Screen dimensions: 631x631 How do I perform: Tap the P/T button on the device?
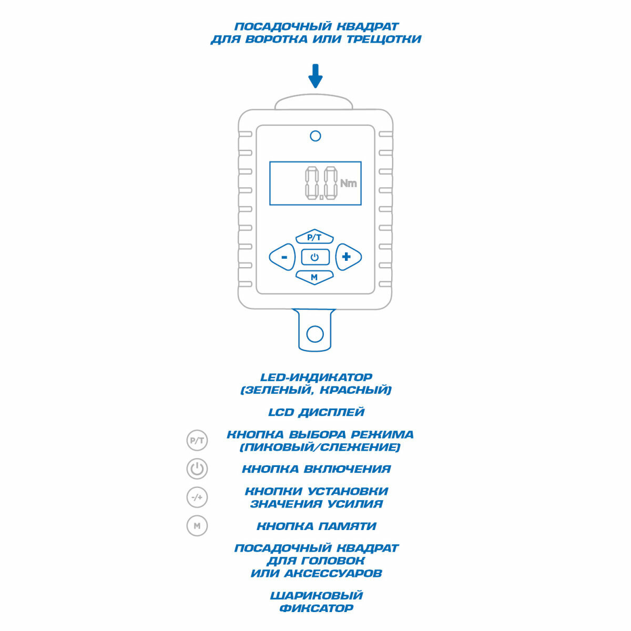pyautogui.click(x=314, y=237)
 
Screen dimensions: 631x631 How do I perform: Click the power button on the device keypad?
pyautogui.click(x=315, y=257)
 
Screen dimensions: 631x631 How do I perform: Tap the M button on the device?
pyautogui.click(x=314, y=277)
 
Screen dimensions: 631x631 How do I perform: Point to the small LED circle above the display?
pyautogui.click(x=315, y=136)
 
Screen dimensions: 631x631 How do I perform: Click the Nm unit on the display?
pyautogui.click(x=348, y=183)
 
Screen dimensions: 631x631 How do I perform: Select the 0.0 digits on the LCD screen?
pyautogui.click(x=320, y=183)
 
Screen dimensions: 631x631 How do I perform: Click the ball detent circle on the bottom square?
pyautogui.click(x=315, y=334)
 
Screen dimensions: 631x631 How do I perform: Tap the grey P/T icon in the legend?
pyautogui.click(x=197, y=441)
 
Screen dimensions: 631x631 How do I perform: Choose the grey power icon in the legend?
pyautogui.click(x=197, y=469)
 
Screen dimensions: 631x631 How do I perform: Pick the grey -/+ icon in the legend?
pyautogui.click(x=197, y=497)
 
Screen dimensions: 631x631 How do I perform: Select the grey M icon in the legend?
pyautogui.click(x=197, y=525)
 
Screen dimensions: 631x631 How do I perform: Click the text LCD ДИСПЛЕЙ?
pyautogui.click(x=316, y=412)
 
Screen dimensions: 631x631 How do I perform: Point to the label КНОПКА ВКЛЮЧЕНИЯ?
pyautogui.click(x=316, y=469)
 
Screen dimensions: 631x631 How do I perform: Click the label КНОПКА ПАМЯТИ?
pyautogui.click(x=316, y=526)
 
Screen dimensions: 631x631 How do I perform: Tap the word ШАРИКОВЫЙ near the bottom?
pyautogui.click(x=316, y=596)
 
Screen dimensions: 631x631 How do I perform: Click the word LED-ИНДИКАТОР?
pyautogui.click(x=316, y=378)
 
